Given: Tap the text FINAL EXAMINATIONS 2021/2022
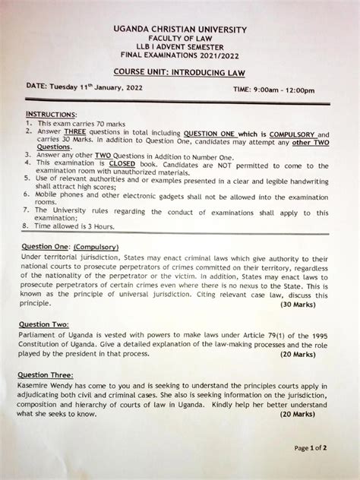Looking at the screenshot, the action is (180, 56).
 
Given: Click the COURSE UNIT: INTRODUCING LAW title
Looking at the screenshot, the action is (180, 73).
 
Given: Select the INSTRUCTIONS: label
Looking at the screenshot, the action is (46, 113).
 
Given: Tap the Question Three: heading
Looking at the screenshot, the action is (46, 374).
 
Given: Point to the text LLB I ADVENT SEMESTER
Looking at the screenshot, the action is (180, 48).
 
